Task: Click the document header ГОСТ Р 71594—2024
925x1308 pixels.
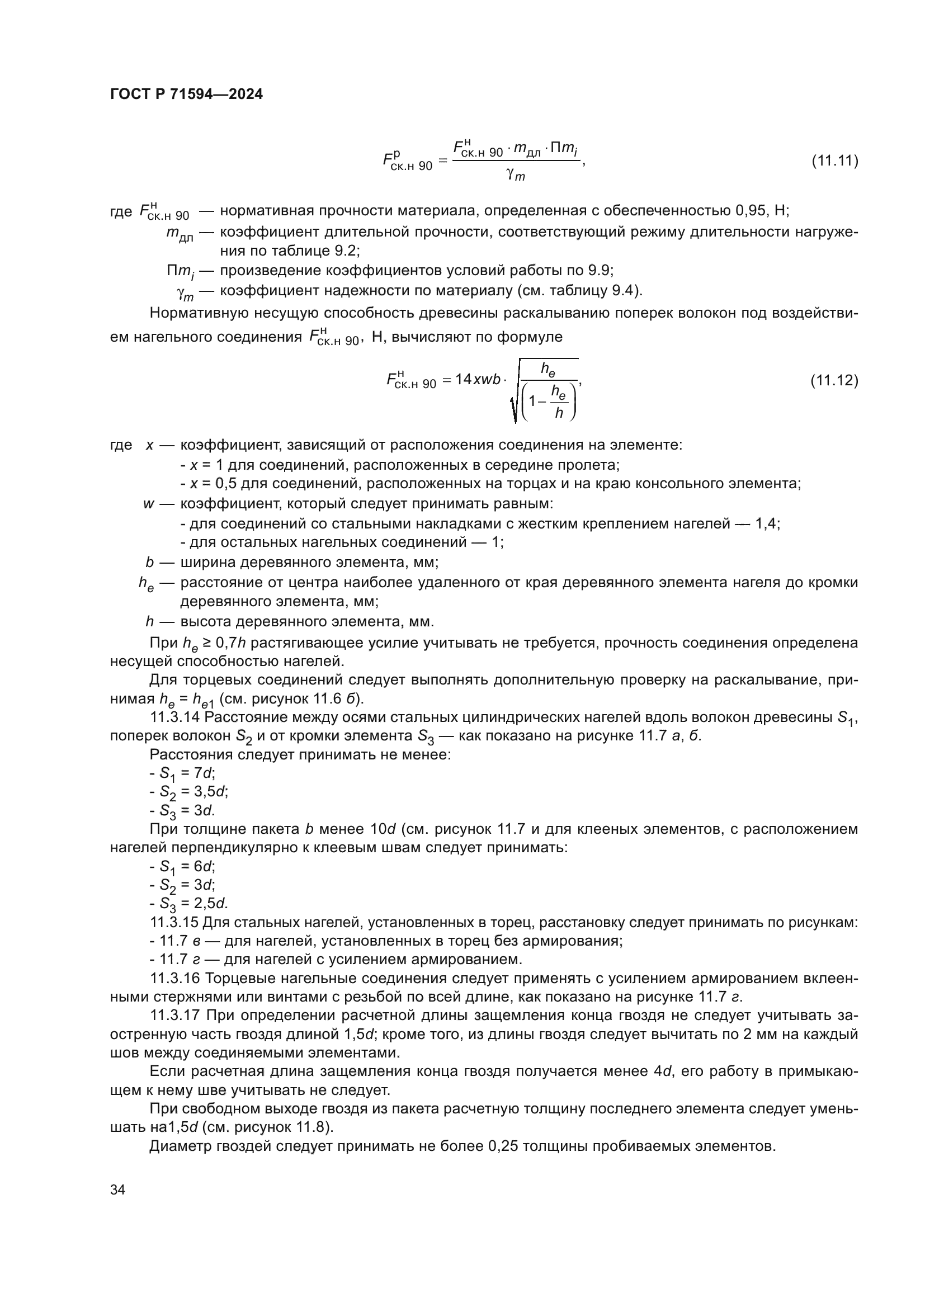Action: [x=186, y=95]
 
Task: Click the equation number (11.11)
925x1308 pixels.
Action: [x=834, y=160]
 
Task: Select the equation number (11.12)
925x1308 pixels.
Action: [x=834, y=380]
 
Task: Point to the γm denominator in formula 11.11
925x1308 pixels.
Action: [x=515, y=176]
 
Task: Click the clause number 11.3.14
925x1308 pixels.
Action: [x=174, y=717]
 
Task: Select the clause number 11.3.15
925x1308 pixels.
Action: [x=174, y=922]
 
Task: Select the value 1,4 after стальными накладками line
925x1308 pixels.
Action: [x=767, y=523]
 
